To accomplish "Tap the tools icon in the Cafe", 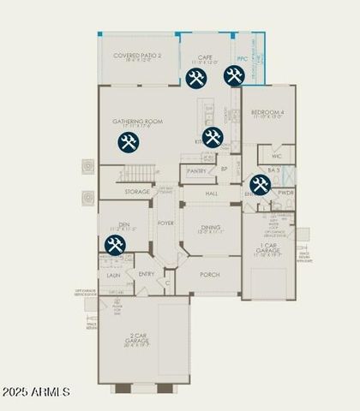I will [x=195, y=78].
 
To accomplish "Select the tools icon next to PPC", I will [x=233, y=76].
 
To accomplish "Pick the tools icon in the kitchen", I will [x=213, y=137].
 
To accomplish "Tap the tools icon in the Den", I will [x=117, y=246].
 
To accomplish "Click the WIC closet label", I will [x=277, y=158].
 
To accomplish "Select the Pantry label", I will [x=197, y=171].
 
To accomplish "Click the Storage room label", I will [x=137, y=192].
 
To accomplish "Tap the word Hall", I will [x=212, y=194].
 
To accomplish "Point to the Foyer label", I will [x=166, y=223].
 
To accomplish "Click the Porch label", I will [x=210, y=275].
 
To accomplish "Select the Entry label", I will [x=147, y=274].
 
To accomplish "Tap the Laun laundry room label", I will [x=113, y=276].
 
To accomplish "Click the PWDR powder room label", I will [x=285, y=194].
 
